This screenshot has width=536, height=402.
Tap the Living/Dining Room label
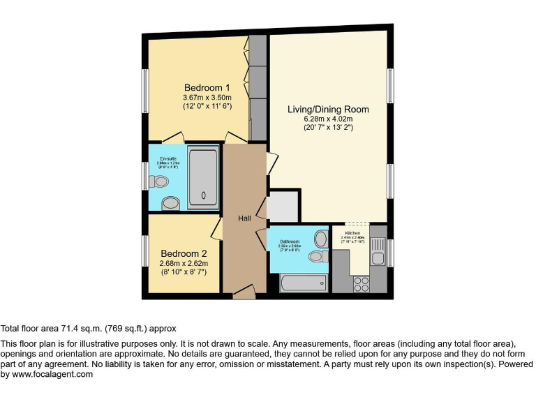click(328, 110)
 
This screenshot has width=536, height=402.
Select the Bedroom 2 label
click(184, 253)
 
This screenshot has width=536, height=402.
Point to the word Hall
click(244, 218)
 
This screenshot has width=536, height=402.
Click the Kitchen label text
click(352, 232)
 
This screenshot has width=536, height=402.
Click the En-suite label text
click(167, 158)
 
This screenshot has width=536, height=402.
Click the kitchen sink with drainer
click(378, 252)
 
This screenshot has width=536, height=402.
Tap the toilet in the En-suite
click(160, 181)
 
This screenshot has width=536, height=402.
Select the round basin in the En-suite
click(170, 203)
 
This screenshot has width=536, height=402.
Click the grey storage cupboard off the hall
click(283, 205)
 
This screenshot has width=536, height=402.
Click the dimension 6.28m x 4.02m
click(328, 119)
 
